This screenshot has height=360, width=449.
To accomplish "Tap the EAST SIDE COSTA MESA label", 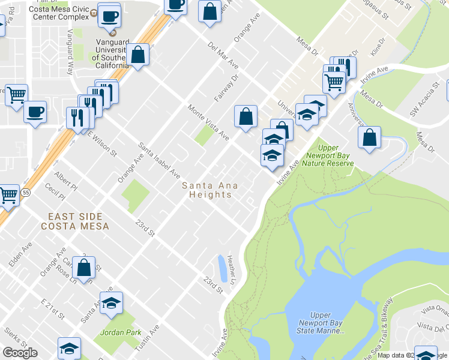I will pyautogui.click(x=75, y=221).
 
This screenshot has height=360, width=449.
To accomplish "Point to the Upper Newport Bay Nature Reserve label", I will pyautogui.click(x=328, y=155).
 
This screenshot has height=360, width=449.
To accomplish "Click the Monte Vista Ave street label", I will pyautogui.click(x=208, y=123).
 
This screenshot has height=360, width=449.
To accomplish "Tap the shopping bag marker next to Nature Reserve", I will pyautogui.click(x=369, y=137).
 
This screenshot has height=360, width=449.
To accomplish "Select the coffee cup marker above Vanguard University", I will pyautogui.click(x=109, y=16).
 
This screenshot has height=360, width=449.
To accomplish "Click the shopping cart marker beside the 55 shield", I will pyautogui.click(x=8, y=195).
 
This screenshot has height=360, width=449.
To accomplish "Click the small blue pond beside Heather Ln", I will pyautogui.click(x=223, y=268).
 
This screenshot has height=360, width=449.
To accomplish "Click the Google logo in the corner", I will pyautogui.click(x=20, y=353).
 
